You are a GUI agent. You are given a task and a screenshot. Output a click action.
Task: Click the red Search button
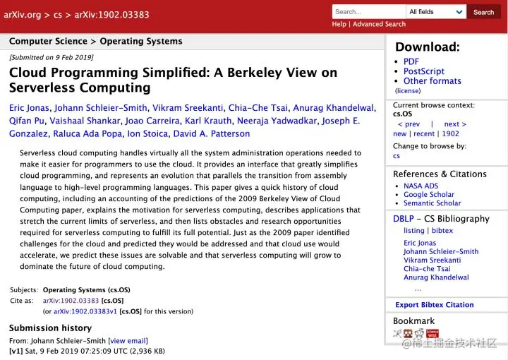point(483,12)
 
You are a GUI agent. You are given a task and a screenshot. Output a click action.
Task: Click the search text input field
point(368,12)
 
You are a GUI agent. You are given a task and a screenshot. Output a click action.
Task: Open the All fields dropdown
point(436,12)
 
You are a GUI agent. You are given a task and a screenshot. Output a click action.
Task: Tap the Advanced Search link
point(379,24)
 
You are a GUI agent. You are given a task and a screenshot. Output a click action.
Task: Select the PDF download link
point(411,61)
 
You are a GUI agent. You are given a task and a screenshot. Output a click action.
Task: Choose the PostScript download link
point(423,71)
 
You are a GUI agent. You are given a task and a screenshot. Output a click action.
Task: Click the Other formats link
point(432,81)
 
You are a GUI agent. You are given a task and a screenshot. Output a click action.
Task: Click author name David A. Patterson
point(211,133)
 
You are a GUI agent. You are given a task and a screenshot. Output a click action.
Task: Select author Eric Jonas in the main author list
point(28,108)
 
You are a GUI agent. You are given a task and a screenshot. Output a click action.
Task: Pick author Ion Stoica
point(146,133)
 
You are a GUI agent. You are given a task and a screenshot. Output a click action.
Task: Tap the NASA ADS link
point(421,186)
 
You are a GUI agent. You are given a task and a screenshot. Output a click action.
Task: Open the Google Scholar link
point(428,195)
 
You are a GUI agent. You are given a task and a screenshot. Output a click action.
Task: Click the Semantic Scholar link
point(432,203)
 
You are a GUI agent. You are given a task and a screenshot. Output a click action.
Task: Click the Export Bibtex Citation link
point(434,305)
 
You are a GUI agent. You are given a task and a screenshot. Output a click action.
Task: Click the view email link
point(128,340)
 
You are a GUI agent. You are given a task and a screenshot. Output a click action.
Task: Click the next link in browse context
point(455,124)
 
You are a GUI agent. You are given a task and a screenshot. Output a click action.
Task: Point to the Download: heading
point(427,47)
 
